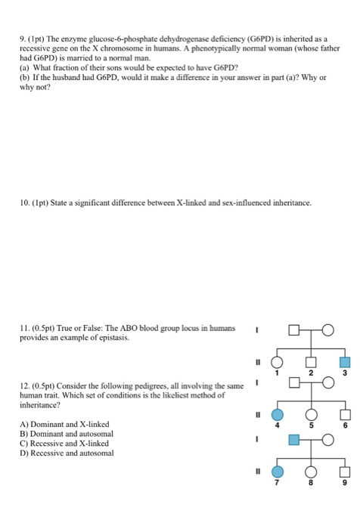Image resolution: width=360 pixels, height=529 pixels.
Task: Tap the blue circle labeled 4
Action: pyautogui.click(x=278, y=415)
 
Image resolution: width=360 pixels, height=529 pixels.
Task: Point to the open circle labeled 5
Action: pyautogui.click(x=309, y=415)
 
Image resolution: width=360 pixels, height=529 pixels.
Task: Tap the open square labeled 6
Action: pyautogui.click(x=344, y=415)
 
